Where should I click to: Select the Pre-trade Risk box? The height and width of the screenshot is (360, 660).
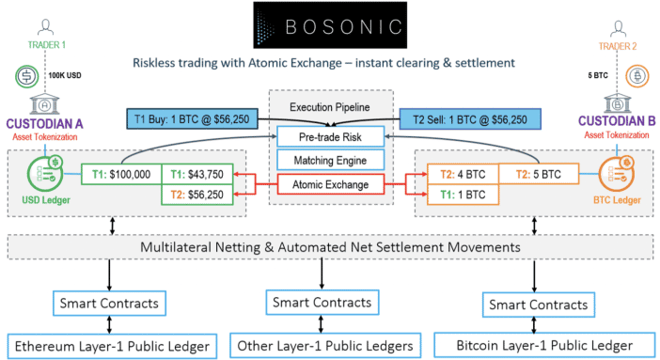[x=329, y=137]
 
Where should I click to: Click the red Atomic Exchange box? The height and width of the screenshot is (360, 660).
[x=329, y=185]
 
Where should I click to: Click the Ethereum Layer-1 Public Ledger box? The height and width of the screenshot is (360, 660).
[x=108, y=345]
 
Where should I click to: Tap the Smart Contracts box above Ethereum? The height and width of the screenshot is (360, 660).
[x=108, y=304]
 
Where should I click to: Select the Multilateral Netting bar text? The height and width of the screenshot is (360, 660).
[x=329, y=247]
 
